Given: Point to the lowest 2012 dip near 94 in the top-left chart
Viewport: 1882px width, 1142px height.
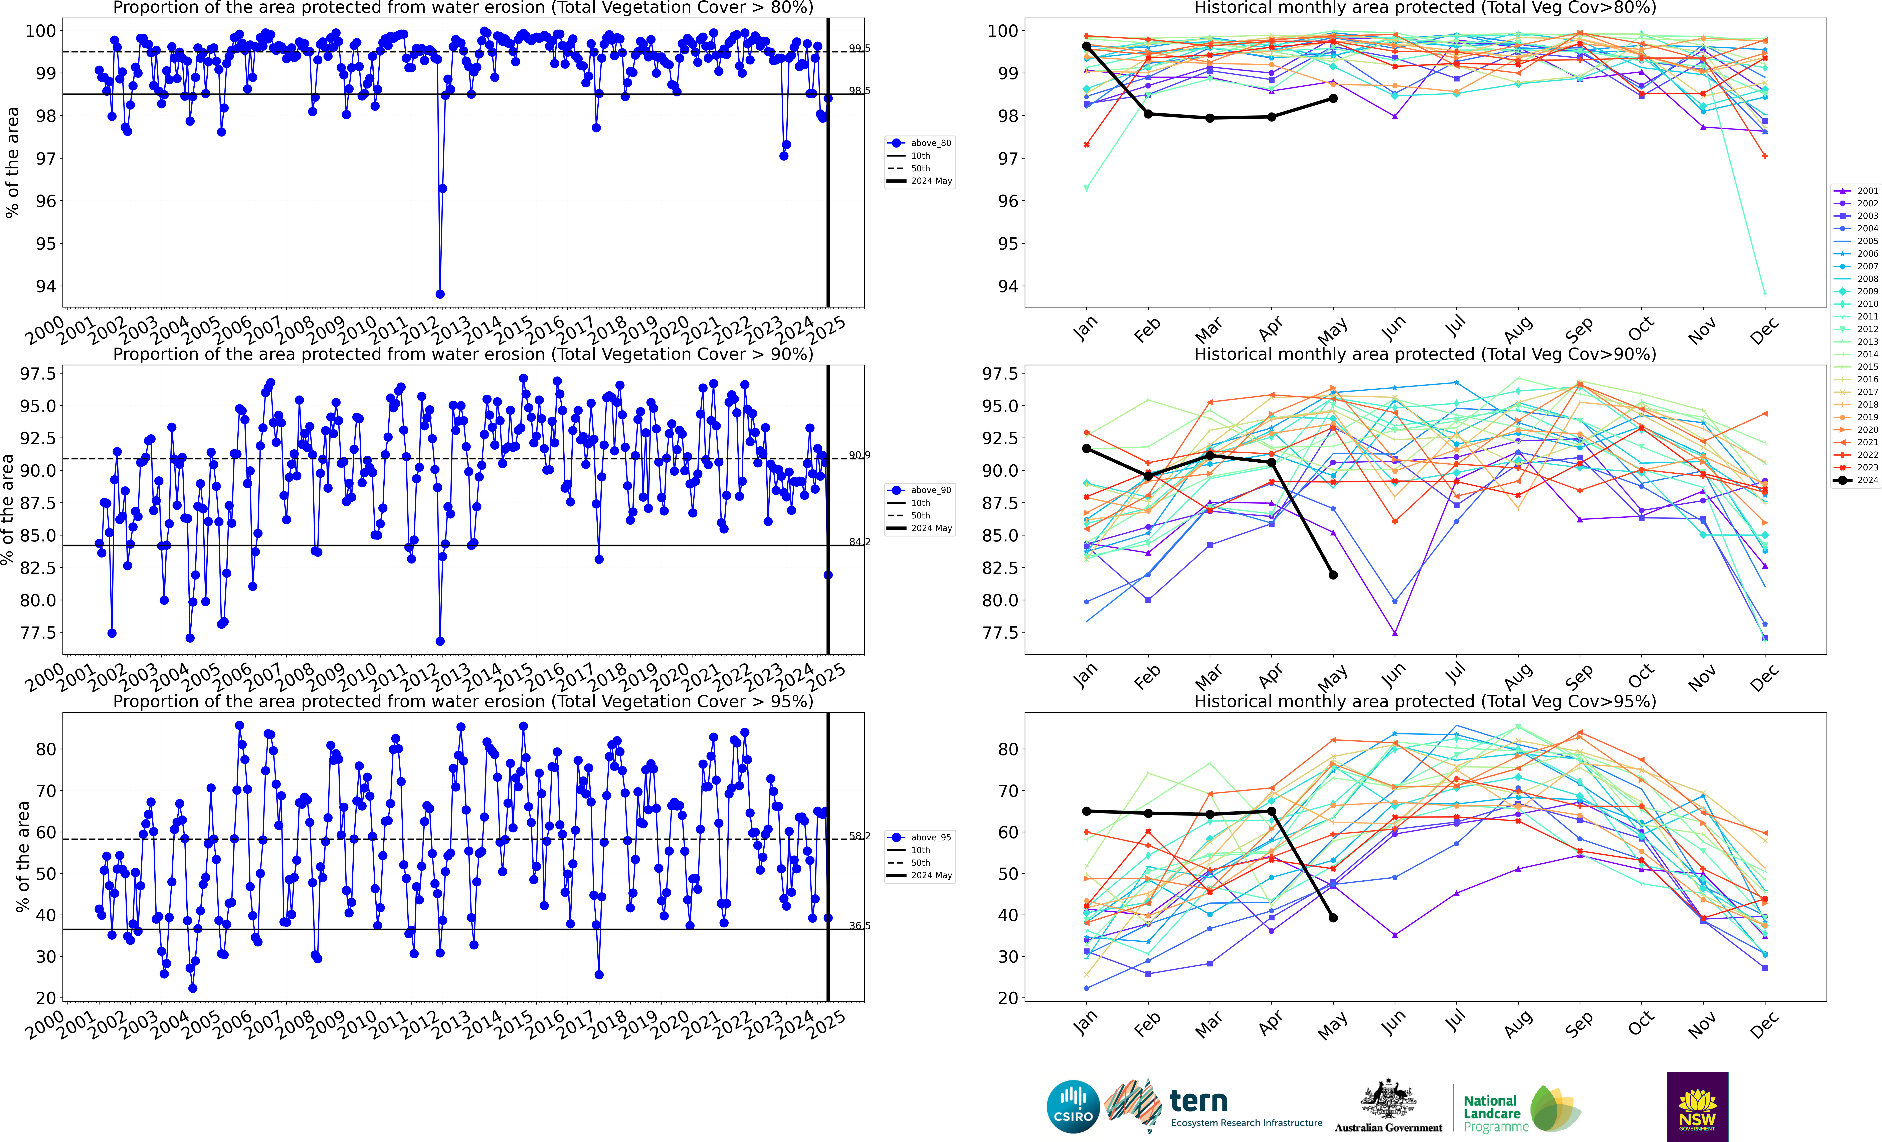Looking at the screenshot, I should pos(440,294).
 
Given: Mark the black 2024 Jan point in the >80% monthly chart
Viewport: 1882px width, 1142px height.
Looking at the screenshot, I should pos(1086,47).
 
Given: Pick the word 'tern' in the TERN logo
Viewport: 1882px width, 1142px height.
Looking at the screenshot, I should pos(1198,1102).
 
